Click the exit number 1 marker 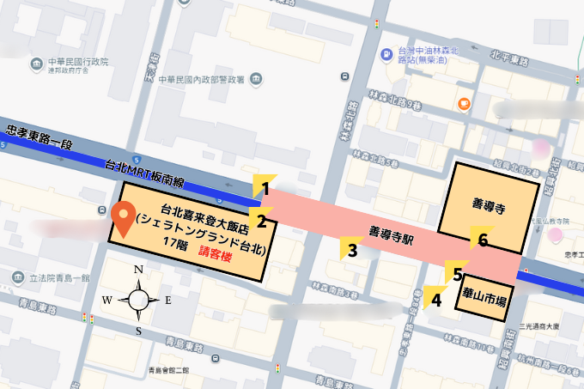coord(265,188)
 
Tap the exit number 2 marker coord(262,220)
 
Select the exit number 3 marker coord(351,251)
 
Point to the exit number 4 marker coord(435,299)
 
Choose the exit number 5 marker coord(458,273)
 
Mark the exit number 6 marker coord(482,240)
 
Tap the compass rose coord(138,300)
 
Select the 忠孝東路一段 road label coord(40,135)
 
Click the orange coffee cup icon coord(464,104)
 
